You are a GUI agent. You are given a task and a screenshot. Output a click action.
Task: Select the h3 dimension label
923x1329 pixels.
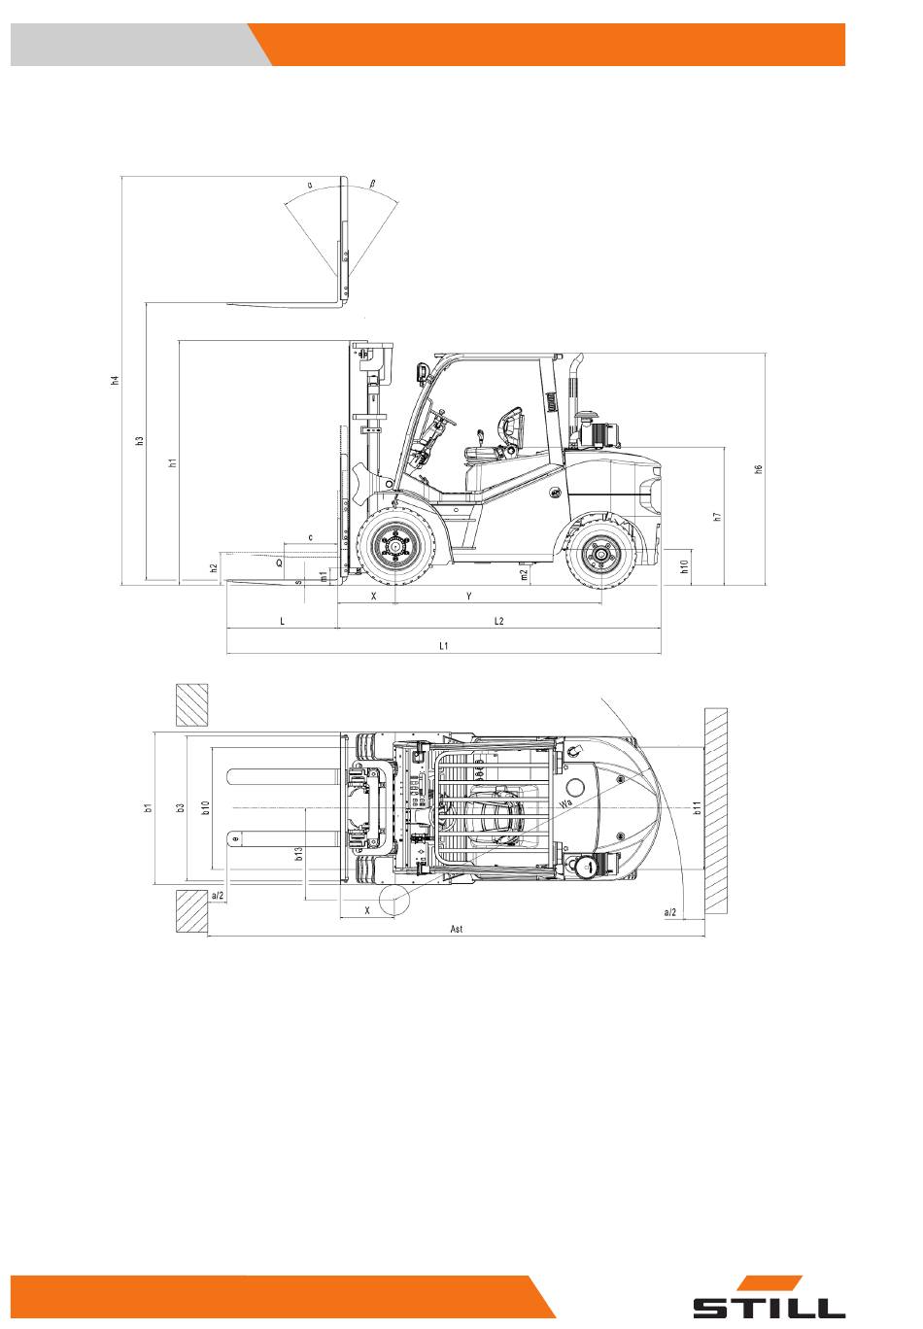(x=139, y=441)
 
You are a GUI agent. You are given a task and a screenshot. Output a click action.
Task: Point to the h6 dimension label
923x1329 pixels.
(x=758, y=468)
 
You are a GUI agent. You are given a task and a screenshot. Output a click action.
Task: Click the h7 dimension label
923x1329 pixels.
(x=717, y=516)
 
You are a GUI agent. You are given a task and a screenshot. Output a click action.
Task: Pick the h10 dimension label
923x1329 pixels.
(x=684, y=566)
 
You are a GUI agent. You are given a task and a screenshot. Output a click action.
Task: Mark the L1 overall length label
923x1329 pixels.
(x=444, y=645)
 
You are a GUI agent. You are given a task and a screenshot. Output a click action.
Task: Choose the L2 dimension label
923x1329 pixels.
(x=498, y=621)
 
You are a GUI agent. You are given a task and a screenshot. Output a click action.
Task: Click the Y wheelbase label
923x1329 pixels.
(x=468, y=596)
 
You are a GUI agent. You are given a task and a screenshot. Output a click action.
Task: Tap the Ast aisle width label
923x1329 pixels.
(x=457, y=929)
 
